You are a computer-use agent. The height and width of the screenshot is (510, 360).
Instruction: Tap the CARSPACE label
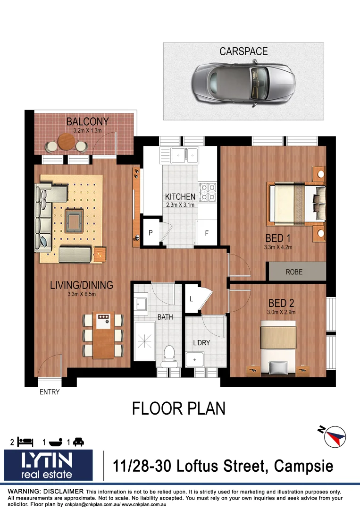point(243,51)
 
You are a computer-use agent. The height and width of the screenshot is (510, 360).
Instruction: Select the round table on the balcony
point(66,141)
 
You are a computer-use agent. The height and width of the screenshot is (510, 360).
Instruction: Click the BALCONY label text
point(87,122)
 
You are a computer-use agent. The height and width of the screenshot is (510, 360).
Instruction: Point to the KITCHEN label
point(180,197)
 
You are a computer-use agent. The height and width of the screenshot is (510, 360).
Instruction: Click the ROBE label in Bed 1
point(294,272)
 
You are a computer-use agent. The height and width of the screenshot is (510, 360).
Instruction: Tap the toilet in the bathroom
point(168,354)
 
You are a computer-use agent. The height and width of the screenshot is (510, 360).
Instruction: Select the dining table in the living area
point(103,334)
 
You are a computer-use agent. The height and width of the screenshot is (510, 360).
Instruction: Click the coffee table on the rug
point(74,221)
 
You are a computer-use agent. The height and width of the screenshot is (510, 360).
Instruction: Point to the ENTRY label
point(50,392)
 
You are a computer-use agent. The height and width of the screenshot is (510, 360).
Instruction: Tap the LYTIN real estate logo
point(49,465)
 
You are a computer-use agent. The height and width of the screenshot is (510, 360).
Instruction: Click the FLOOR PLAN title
point(179,408)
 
